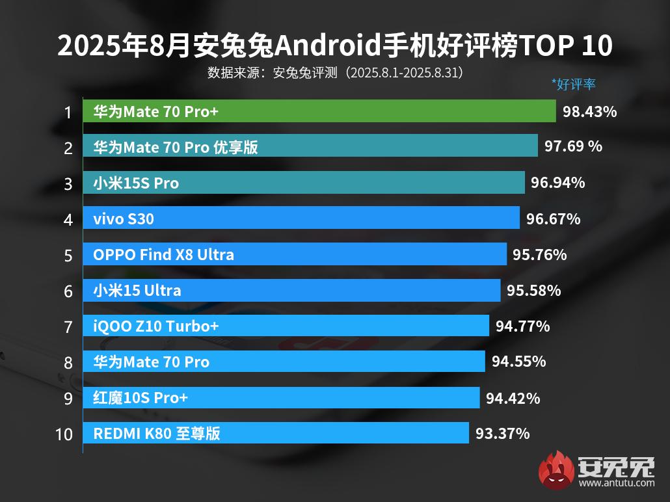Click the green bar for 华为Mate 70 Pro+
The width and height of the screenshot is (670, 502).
[319, 112]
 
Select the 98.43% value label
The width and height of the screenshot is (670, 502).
[589, 112]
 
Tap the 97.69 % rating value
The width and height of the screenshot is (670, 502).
[573, 147]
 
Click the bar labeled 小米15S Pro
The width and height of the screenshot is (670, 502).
[303, 183]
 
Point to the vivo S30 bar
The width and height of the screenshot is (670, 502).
[301, 218]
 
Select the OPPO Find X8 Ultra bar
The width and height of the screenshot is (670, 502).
[294, 254]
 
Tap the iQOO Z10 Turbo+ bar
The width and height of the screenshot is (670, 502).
[286, 326]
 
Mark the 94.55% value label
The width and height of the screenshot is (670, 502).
[518, 362]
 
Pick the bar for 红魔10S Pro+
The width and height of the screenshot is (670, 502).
[281, 397]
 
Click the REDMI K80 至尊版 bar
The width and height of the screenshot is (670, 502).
[275, 433]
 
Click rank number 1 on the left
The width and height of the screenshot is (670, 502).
[68, 112]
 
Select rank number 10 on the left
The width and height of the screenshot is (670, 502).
[64, 434]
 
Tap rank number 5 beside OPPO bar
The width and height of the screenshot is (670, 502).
[68, 255]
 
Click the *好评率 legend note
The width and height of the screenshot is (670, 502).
[573, 84]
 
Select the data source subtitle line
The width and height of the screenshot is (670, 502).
[335, 72]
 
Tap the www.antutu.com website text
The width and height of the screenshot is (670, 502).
[616, 483]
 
